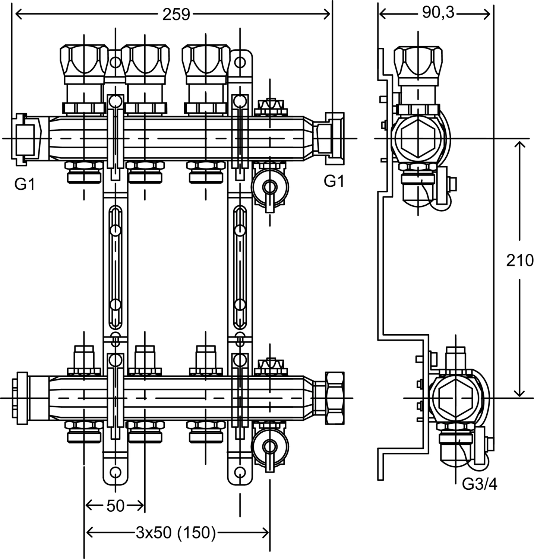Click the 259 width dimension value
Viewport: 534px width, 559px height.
176,14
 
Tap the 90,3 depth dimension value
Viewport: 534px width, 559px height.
438,13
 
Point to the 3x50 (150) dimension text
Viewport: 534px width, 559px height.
176,533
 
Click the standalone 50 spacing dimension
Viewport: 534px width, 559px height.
115,506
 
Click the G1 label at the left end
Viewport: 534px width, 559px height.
25,184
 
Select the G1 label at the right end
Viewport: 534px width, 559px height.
334,181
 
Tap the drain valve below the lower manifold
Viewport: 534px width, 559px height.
270,446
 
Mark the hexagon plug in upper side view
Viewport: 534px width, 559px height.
417,138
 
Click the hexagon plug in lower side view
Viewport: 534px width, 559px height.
455,398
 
